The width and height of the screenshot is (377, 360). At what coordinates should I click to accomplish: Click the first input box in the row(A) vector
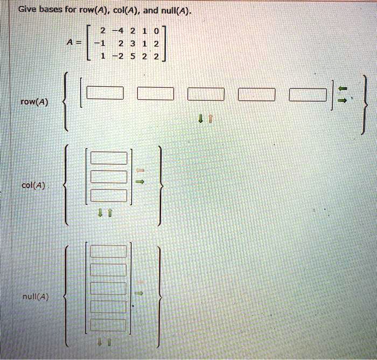click(x=105, y=94)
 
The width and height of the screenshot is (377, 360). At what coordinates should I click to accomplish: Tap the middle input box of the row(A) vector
click(x=206, y=94)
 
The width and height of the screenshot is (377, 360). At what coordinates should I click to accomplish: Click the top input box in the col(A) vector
click(x=108, y=158)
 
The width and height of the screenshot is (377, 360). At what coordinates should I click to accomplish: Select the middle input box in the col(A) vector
click(x=108, y=177)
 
